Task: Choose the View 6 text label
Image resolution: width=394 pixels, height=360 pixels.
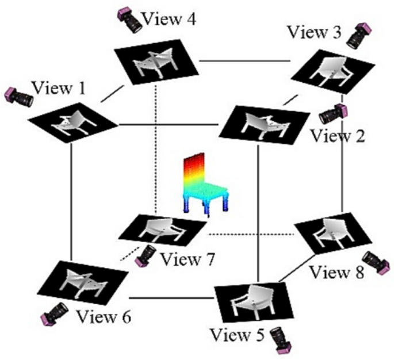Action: pyautogui.click(x=104, y=316)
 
